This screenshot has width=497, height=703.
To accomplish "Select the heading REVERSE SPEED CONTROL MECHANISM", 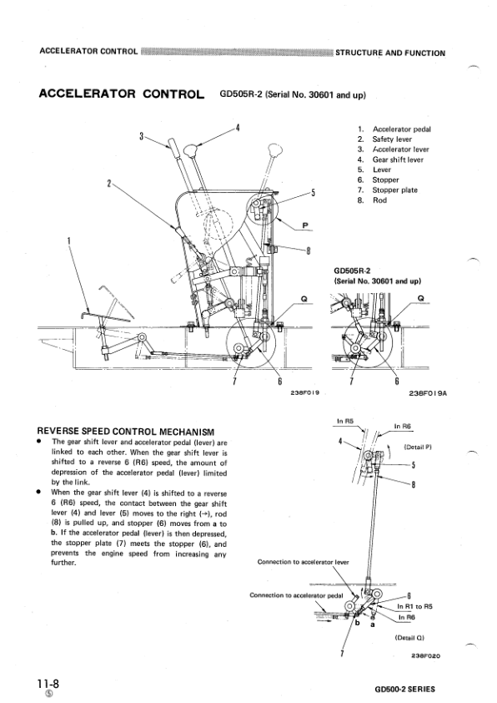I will point(122,431).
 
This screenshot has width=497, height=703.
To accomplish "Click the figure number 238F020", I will point(425,655).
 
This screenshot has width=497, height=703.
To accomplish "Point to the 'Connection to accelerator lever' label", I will point(304,562).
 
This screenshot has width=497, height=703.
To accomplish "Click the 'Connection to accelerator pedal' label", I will point(296,594).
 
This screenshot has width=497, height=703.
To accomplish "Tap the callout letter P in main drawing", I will point(305,225).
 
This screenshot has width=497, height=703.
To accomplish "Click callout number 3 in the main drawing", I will point(142,135).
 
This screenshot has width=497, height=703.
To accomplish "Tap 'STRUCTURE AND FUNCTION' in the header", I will point(389,53).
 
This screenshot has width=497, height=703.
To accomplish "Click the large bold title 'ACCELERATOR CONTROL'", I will point(123,94).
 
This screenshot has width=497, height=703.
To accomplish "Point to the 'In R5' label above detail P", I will point(345,422).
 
